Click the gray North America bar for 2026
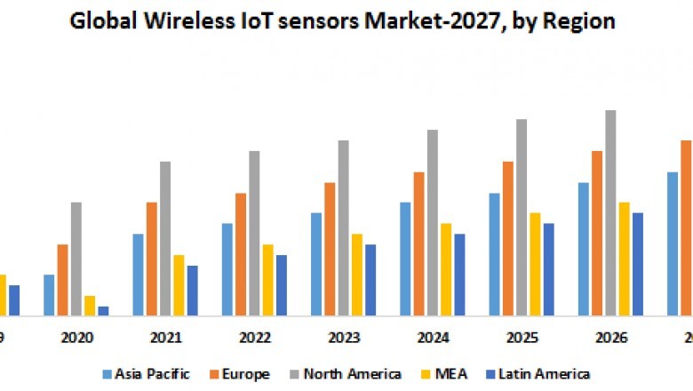610,212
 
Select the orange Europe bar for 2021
152,259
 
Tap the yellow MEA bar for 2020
90,305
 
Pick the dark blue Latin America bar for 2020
103,310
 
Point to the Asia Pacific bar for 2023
316,264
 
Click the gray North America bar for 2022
254,233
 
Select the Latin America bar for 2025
548,268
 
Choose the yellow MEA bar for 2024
446,268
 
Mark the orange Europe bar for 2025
508,238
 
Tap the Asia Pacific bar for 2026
584,249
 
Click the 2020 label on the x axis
77,339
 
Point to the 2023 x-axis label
344,339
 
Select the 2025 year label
522,339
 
